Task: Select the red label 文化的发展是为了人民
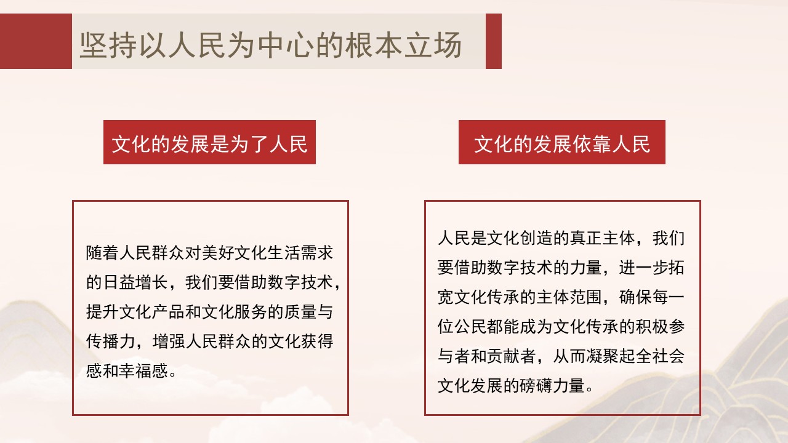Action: pos(209,143)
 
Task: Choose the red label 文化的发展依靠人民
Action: pos(562,143)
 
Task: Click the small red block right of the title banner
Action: pos(494,41)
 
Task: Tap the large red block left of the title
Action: pos(36,41)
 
